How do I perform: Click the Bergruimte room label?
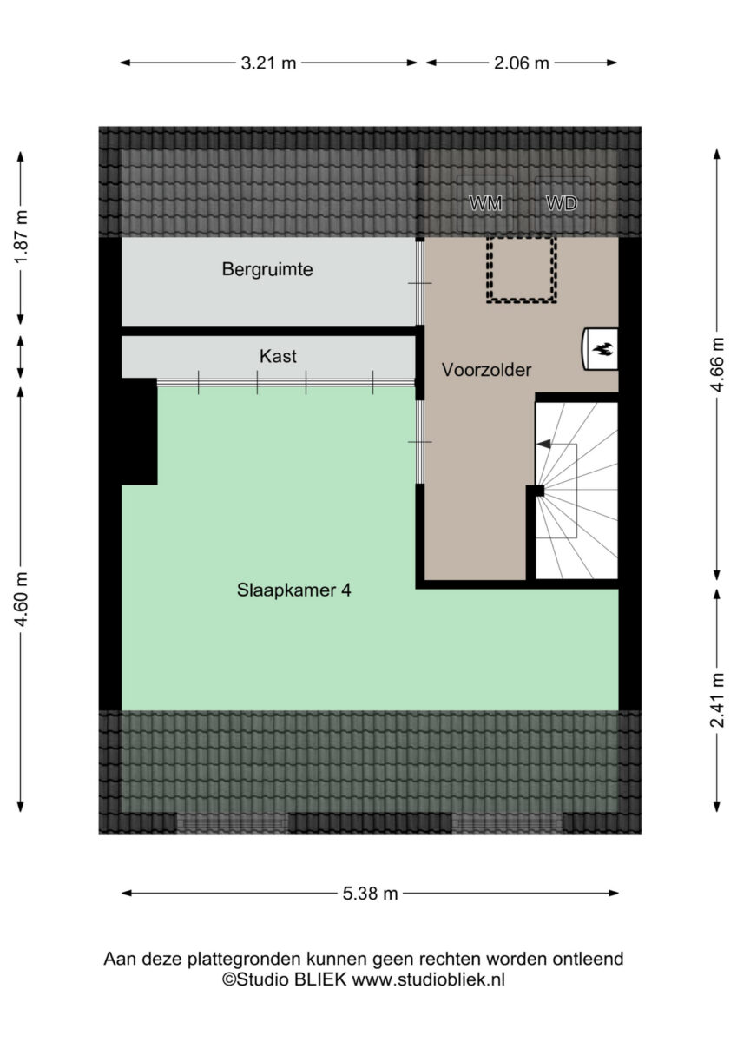[267, 269]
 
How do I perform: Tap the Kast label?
[278, 356]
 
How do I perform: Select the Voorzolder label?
[486, 370]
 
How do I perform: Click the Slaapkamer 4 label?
[294, 590]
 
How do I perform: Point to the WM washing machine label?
[485, 203]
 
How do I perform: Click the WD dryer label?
[562, 203]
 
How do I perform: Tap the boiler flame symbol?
[603, 348]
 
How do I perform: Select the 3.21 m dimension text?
[268, 63]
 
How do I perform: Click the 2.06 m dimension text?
[521, 63]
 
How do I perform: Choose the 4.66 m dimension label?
[717, 365]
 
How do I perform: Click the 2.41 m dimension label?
[717, 700]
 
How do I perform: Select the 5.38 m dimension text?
[370, 894]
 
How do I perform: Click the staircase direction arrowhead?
[544, 445]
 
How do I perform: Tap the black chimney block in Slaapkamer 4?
[139, 432]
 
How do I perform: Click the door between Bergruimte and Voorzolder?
[420, 283]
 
